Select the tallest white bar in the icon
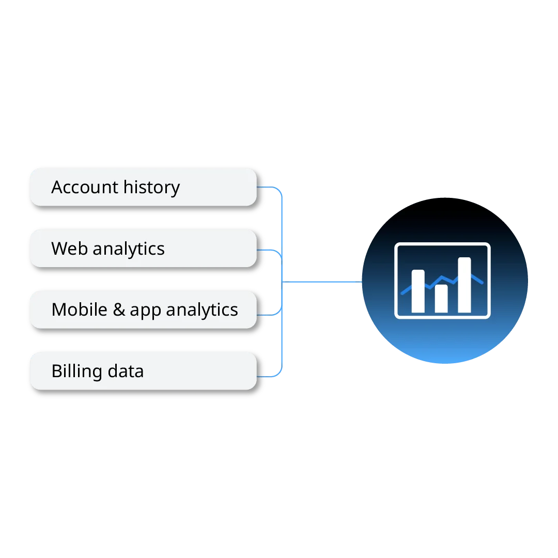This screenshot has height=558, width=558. [464, 285]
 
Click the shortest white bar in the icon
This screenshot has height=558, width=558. [441, 298]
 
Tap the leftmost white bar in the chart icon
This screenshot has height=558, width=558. [418, 291]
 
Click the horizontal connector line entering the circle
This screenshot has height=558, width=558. [323, 282]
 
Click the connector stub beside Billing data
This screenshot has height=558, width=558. [269, 377]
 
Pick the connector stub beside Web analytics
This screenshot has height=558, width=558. [268, 251]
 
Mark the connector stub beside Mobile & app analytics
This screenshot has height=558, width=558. [268, 314]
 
